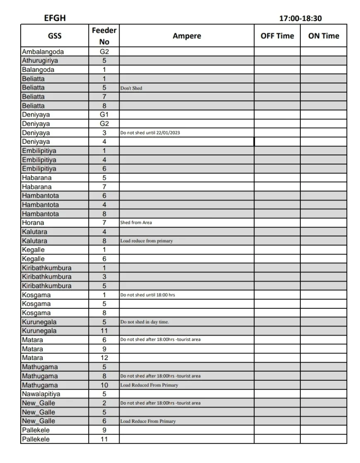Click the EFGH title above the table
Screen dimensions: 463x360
(55, 18)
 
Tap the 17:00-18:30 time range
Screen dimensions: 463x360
(300, 18)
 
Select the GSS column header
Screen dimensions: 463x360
(55, 36)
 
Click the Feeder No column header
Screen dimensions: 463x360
(104, 36)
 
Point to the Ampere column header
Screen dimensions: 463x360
(187, 36)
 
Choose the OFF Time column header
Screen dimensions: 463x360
(277, 36)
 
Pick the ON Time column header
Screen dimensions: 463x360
(323, 36)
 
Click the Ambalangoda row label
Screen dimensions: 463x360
(43, 52)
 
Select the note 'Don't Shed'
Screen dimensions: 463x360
(131, 88)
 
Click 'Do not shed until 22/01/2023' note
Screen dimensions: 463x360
(150, 133)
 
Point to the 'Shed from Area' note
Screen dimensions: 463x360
(136, 223)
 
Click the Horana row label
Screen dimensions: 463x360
(33, 223)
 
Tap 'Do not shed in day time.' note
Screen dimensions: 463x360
(144, 322)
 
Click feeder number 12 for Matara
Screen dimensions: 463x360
(104, 358)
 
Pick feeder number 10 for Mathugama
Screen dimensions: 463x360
(104, 385)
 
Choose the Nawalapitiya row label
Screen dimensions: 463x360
(41, 394)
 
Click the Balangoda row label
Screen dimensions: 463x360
(38, 70)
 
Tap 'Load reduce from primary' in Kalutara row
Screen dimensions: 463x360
(146, 241)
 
